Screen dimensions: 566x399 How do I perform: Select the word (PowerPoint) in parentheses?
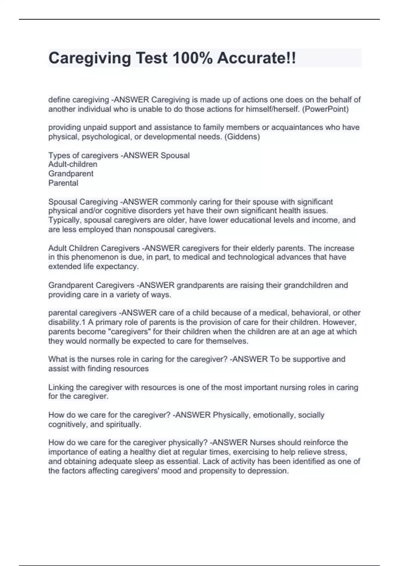pos(325,109)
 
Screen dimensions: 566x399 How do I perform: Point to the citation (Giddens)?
pos(242,137)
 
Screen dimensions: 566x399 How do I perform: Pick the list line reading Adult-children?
pos(73,164)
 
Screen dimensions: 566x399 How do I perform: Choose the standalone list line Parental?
pos(63,183)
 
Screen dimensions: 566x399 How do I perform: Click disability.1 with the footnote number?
pos(67,322)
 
